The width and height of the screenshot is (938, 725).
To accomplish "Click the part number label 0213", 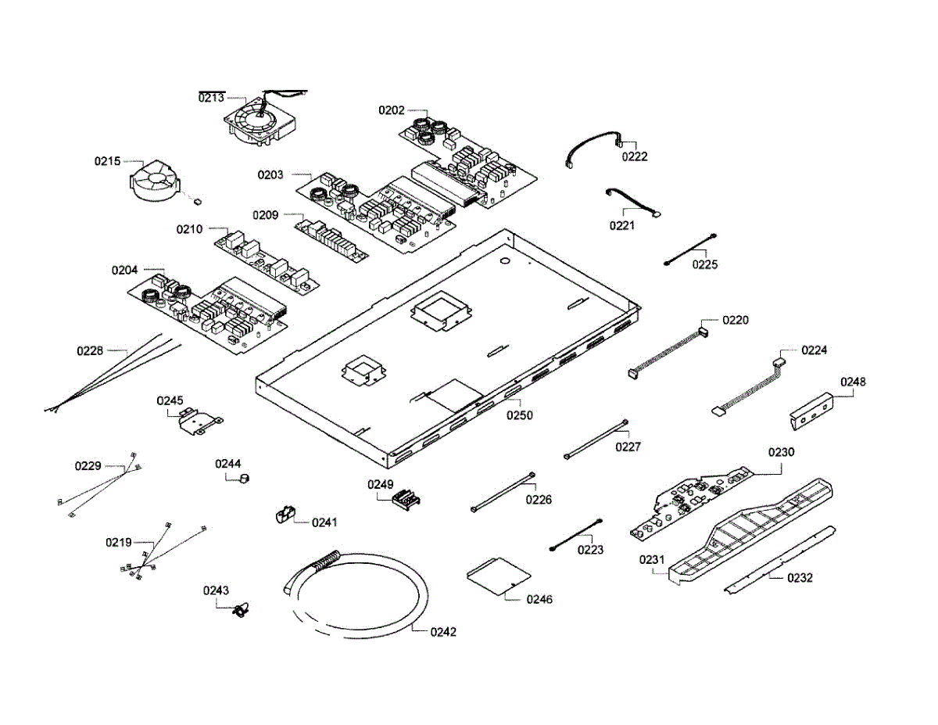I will click(211, 98).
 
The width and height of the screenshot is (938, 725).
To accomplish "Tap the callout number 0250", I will click(519, 415).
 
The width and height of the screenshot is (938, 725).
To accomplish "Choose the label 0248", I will click(853, 382).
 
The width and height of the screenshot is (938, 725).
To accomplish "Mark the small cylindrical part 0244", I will click(245, 479).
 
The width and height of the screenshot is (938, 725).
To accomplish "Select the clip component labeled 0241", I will click(284, 515).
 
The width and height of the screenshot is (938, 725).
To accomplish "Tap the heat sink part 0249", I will click(404, 498).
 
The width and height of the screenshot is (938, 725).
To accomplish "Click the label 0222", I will click(635, 156).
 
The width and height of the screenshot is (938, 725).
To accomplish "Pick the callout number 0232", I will click(800, 578).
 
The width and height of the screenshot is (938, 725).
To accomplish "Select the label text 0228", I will click(90, 350).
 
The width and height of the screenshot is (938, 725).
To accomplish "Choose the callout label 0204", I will click(124, 270).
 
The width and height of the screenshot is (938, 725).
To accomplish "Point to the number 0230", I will click(781, 452).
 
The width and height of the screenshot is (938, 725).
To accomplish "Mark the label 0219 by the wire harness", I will click(119, 542).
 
